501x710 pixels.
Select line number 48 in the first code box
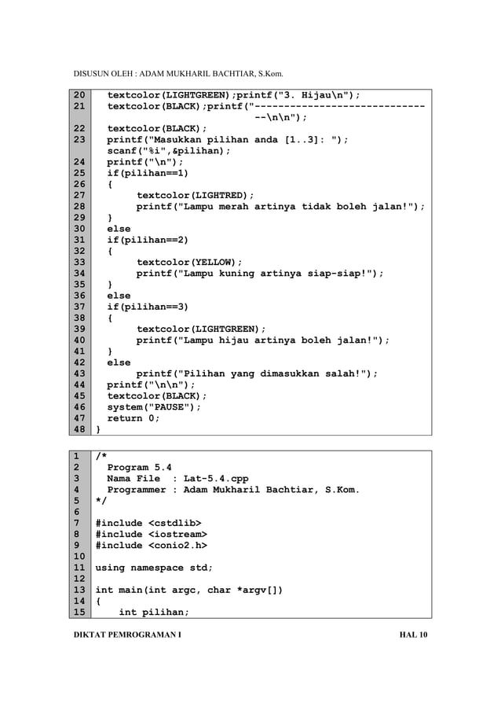pos(80,430)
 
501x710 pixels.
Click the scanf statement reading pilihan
pos(169,151)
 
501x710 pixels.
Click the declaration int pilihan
pos(152,613)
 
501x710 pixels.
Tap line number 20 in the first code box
pos(80,96)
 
